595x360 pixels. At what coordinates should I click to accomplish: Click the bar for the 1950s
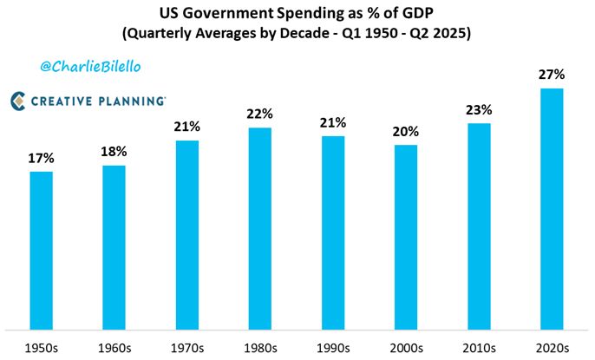point(41,250)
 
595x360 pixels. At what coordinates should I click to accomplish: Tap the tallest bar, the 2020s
point(552,208)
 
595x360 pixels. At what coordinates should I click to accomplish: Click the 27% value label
point(552,75)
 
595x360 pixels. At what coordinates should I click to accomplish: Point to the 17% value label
point(41,159)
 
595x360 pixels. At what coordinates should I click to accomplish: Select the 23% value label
point(479,110)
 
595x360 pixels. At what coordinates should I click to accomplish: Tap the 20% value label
point(405,132)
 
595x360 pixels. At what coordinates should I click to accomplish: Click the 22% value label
point(259,115)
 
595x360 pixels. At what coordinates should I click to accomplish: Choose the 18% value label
point(114,152)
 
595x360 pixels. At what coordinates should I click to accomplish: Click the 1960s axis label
point(114,347)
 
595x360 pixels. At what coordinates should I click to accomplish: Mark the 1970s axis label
point(186,347)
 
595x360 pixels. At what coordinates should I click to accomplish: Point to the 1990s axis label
point(332,347)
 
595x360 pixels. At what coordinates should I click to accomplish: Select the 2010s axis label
point(479,347)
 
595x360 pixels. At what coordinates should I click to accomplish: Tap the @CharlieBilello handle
point(91,66)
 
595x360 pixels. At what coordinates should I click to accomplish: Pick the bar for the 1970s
point(186,234)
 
